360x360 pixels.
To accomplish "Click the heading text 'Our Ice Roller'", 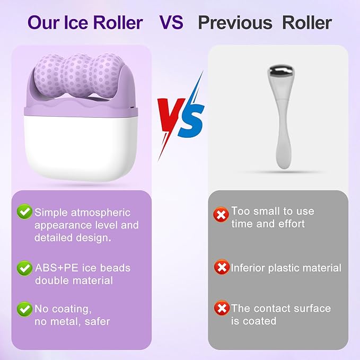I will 85,23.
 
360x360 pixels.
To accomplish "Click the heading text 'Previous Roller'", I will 265,23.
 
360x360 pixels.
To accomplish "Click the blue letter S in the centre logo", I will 191,119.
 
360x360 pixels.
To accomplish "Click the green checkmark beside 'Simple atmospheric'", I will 24,213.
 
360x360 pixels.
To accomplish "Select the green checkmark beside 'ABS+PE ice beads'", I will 24,268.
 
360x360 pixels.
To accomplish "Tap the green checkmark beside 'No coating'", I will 24,309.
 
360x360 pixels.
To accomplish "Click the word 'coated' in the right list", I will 260,321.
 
